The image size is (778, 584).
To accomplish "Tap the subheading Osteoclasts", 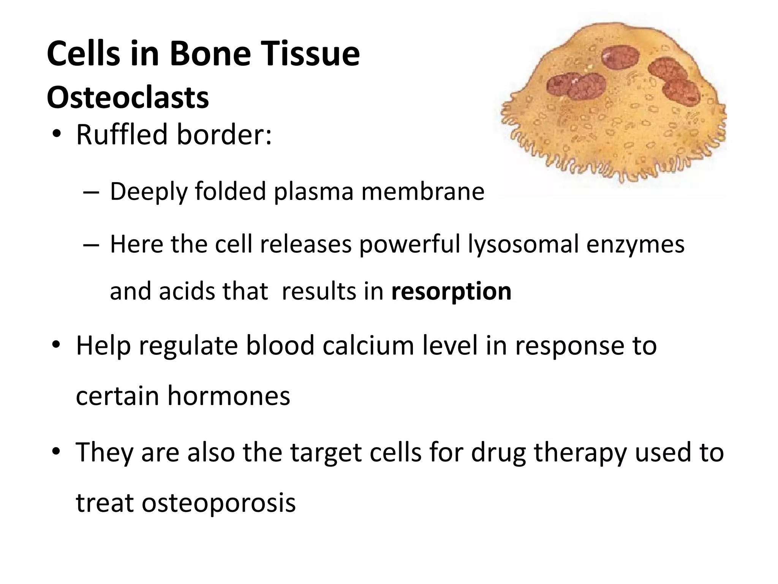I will point(128,98).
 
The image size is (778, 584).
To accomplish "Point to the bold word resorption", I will point(451,291).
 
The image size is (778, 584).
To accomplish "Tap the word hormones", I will point(229,396).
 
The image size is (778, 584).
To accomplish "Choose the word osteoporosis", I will point(218,503).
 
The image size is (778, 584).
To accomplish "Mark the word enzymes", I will point(635,245).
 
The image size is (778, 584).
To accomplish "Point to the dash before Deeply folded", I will point(91,192).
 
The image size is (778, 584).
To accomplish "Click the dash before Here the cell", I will point(91,244).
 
